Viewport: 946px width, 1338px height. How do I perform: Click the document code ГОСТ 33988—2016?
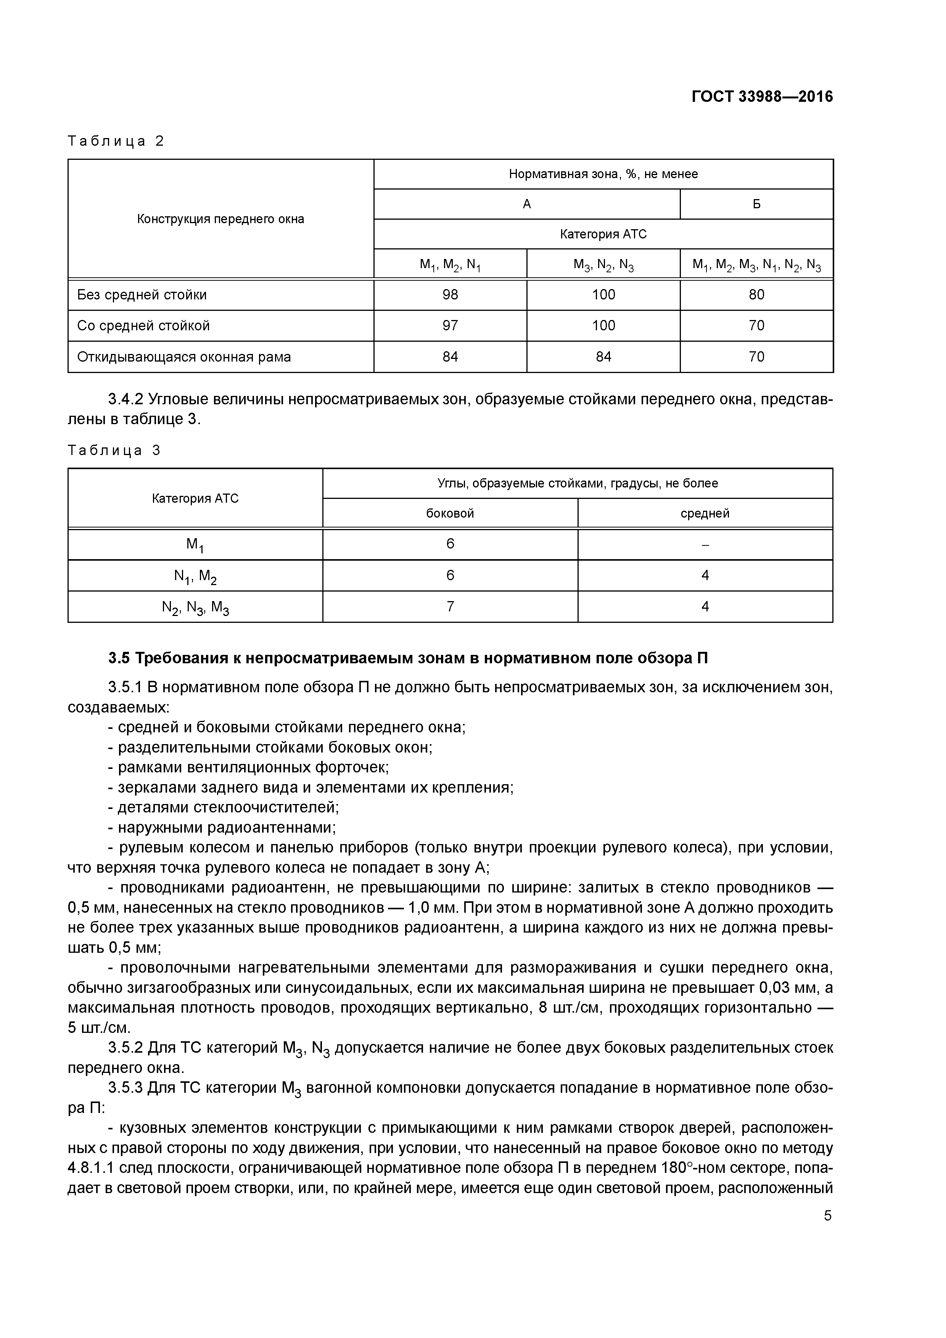pyautogui.click(x=762, y=97)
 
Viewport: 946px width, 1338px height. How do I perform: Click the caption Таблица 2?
pyautogui.click(x=116, y=141)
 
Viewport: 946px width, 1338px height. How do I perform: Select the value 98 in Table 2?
pyautogui.click(x=450, y=295)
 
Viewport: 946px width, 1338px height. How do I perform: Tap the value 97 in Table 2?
pyautogui.click(x=450, y=326)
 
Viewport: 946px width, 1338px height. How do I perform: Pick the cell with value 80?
pyautogui.click(x=756, y=295)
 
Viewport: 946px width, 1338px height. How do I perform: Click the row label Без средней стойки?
pyautogui.click(x=142, y=295)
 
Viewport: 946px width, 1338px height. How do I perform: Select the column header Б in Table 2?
pyautogui.click(x=756, y=204)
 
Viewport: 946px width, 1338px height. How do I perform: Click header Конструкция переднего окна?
pyautogui.click(x=220, y=219)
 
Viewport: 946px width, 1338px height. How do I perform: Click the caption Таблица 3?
pyautogui.click(x=114, y=450)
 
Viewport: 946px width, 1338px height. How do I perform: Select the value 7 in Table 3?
pyautogui.click(x=450, y=607)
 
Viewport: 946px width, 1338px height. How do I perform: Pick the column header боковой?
pyautogui.click(x=450, y=513)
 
